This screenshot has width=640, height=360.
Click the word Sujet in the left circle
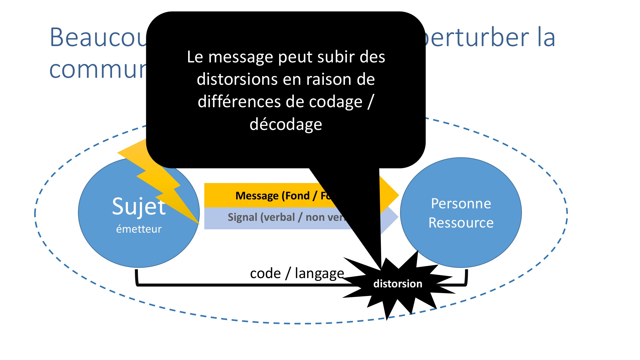139,206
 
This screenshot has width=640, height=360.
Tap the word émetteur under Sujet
139,229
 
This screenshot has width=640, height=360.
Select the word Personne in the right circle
461,204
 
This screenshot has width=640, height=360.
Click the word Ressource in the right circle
461,223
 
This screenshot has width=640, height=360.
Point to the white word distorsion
398,284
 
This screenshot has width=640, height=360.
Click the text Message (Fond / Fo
283,196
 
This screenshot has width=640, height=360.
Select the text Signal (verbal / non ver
286,217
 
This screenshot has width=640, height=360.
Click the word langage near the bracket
319,273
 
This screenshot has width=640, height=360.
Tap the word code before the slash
265,274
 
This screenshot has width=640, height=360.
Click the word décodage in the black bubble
286,124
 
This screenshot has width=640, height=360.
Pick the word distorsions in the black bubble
237,79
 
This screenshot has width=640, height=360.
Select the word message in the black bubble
241,57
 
